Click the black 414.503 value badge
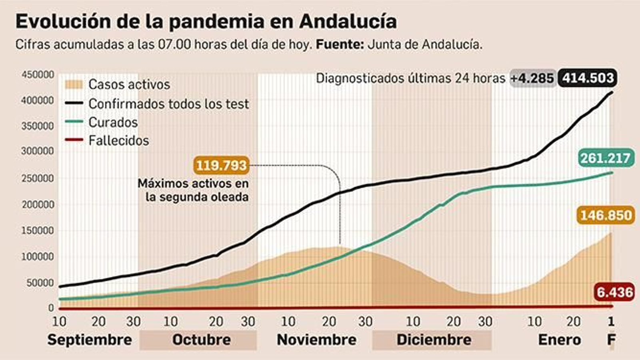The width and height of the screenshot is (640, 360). point(588,78)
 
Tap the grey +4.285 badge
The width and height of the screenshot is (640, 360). point(532,78)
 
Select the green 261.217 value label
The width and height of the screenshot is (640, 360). point(605,158)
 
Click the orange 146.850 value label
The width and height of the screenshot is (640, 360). point(606,215)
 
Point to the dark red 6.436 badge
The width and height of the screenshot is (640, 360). point(614,292)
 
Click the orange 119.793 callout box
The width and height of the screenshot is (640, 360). point(221,165)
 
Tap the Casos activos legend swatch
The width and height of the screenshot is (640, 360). point(73,84)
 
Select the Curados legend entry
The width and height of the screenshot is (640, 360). point(113,122)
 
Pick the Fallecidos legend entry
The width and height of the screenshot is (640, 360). point(118,140)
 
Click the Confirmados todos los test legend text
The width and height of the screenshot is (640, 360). point(168,104)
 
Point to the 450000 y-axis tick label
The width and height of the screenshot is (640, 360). point(38,75)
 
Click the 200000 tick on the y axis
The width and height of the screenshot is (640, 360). point(38,204)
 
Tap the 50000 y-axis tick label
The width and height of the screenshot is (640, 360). point(40,282)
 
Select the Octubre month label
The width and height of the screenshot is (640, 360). point(201,340)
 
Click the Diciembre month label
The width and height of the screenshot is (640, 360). point(434,340)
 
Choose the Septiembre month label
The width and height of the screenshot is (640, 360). point(90,340)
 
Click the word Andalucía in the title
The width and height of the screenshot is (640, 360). point(348,22)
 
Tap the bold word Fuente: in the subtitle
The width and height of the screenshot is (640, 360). point(340,44)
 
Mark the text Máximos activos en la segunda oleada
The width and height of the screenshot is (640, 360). point(194,190)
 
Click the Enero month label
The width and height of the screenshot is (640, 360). point(559,340)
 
